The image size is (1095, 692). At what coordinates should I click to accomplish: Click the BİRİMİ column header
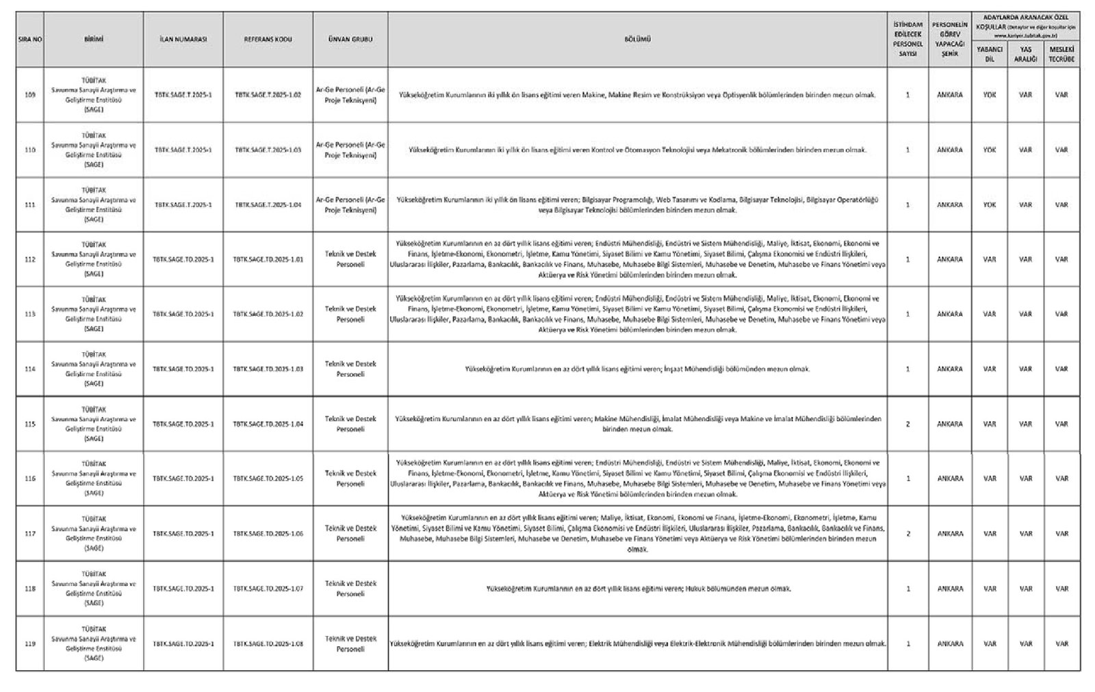pos(93,40)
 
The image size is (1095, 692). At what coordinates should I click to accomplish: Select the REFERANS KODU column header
pos(268,40)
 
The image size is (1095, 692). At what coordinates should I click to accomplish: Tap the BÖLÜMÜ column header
pos(637,40)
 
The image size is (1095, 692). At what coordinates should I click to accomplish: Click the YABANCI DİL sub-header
pos(989,54)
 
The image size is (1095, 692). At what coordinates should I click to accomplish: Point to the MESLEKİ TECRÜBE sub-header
pos(1061,54)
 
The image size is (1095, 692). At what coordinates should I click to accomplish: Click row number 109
pos(29,95)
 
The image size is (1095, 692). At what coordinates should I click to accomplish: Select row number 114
pos(29,369)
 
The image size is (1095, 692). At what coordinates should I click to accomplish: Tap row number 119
pos(29,643)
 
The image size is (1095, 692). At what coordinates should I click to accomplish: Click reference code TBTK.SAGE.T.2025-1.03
pos(268,150)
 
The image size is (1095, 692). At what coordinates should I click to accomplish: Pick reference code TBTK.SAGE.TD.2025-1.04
pos(268,424)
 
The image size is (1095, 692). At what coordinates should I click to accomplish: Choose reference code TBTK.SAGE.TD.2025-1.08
pos(268,643)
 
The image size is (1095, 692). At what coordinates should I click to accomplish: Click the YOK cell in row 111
pos(989,204)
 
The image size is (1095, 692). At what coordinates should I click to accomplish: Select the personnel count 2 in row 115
pos(907,424)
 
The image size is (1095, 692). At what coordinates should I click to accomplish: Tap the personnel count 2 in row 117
pos(907,534)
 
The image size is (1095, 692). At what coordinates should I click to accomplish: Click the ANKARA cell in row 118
pos(949,589)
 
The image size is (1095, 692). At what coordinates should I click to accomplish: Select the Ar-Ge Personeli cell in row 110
pos(350,150)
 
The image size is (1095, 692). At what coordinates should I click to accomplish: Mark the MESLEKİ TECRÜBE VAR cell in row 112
pos(1061,259)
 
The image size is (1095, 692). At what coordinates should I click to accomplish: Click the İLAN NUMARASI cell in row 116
pos(183,479)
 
